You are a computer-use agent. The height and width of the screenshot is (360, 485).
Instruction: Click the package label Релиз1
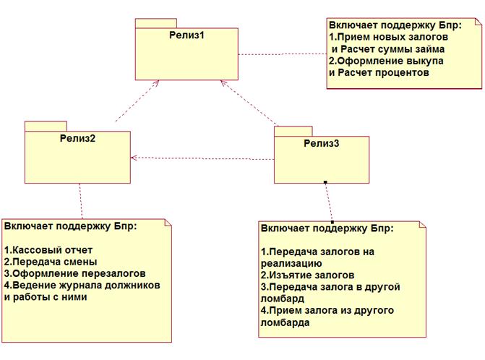pyautogui.click(x=186, y=35)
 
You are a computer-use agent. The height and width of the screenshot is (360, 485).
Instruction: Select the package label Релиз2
pyautogui.click(x=77, y=138)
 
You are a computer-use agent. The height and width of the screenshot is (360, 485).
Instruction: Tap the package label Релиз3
pyautogui.click(x=322, y=143)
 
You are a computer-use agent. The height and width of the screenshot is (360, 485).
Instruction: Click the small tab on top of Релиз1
pyautogui.click(x=156, y=23)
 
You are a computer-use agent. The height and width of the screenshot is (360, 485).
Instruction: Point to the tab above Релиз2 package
pyautogui.click(x=46, y=127)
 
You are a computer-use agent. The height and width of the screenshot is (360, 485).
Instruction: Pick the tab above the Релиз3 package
pyautogui.click(x=293, y=131)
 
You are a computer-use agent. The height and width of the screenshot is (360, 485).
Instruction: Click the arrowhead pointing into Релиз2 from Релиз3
pyautogui.click(x=134, y=158)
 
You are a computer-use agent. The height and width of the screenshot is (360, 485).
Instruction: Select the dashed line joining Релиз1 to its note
pyautogui.click(x=283, y=54)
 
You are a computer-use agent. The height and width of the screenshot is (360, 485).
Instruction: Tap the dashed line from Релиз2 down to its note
pyautogui.click(x=81, y=202)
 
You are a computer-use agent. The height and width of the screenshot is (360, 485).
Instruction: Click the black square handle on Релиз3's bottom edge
pyautogui.click(x=325, y=182)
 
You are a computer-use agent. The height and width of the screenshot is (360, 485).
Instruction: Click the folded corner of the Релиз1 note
pyautogui.click(x=478, y=22)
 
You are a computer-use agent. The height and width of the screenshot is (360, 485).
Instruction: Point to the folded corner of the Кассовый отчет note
pyautogui.click(x=168, y=223)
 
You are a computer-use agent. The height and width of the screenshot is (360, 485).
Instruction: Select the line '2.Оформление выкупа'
pyautogui.click(x=386, y=61)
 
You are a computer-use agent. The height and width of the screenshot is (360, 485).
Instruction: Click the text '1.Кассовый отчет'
pyautogui.click(x=48, y=249)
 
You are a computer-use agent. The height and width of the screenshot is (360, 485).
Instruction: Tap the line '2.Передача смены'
pyautogui.click(x=51, y=262)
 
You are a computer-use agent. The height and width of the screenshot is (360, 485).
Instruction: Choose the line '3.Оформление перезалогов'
pyautogui.click(x=74, y=273)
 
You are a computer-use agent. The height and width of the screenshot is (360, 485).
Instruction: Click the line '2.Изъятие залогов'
pyautogui.click(x=307, y=275)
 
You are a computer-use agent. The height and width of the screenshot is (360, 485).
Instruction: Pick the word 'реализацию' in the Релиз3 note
pyautogui.click(x=292, y=264)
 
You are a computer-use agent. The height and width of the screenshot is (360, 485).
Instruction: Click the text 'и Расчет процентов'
pyautogui.click(x=379, y=73)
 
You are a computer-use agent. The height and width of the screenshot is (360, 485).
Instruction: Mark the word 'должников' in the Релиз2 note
pyautogui.click(x=132, y=285)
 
